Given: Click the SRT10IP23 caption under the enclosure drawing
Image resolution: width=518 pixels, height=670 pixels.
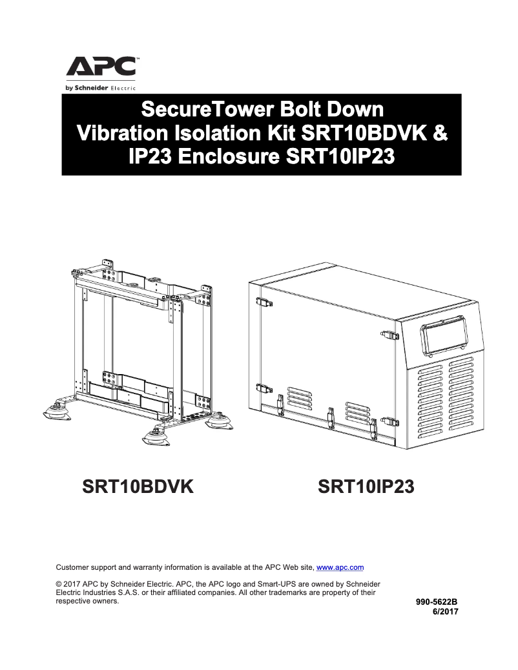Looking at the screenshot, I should point(366,487).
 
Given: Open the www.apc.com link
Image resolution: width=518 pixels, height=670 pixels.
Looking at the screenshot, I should point(340,567).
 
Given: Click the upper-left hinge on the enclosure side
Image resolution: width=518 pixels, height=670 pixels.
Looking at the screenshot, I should point(262,302).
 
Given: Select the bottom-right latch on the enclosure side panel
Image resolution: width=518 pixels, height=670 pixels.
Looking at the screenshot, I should point(386,421).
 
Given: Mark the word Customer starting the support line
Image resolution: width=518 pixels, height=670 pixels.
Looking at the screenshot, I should point(73,567).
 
